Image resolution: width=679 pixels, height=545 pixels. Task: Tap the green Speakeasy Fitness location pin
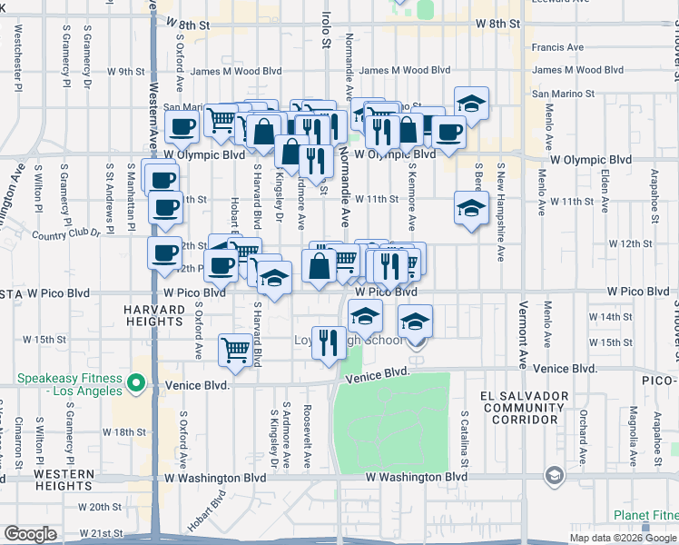(x=137, y=384)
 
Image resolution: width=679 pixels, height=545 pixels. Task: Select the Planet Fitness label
(x=645, y=515)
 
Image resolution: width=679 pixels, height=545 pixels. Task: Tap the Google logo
(x=30, y=534)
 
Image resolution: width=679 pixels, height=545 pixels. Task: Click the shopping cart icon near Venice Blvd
(x=235, y=350)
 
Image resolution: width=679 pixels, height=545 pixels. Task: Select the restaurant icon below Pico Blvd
(x=329, y=342)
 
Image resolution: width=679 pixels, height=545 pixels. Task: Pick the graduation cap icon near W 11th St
(x=471, y=208)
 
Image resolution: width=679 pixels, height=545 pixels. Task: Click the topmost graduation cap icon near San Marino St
(x=471, y=104)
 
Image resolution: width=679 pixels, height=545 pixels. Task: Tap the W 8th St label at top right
(x=497, y=25)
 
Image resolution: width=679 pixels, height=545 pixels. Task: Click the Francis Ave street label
(x=557, y=47)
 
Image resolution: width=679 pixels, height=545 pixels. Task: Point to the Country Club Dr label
(x=65, y=233)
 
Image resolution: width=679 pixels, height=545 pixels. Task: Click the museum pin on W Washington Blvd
(x=553, y=476)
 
